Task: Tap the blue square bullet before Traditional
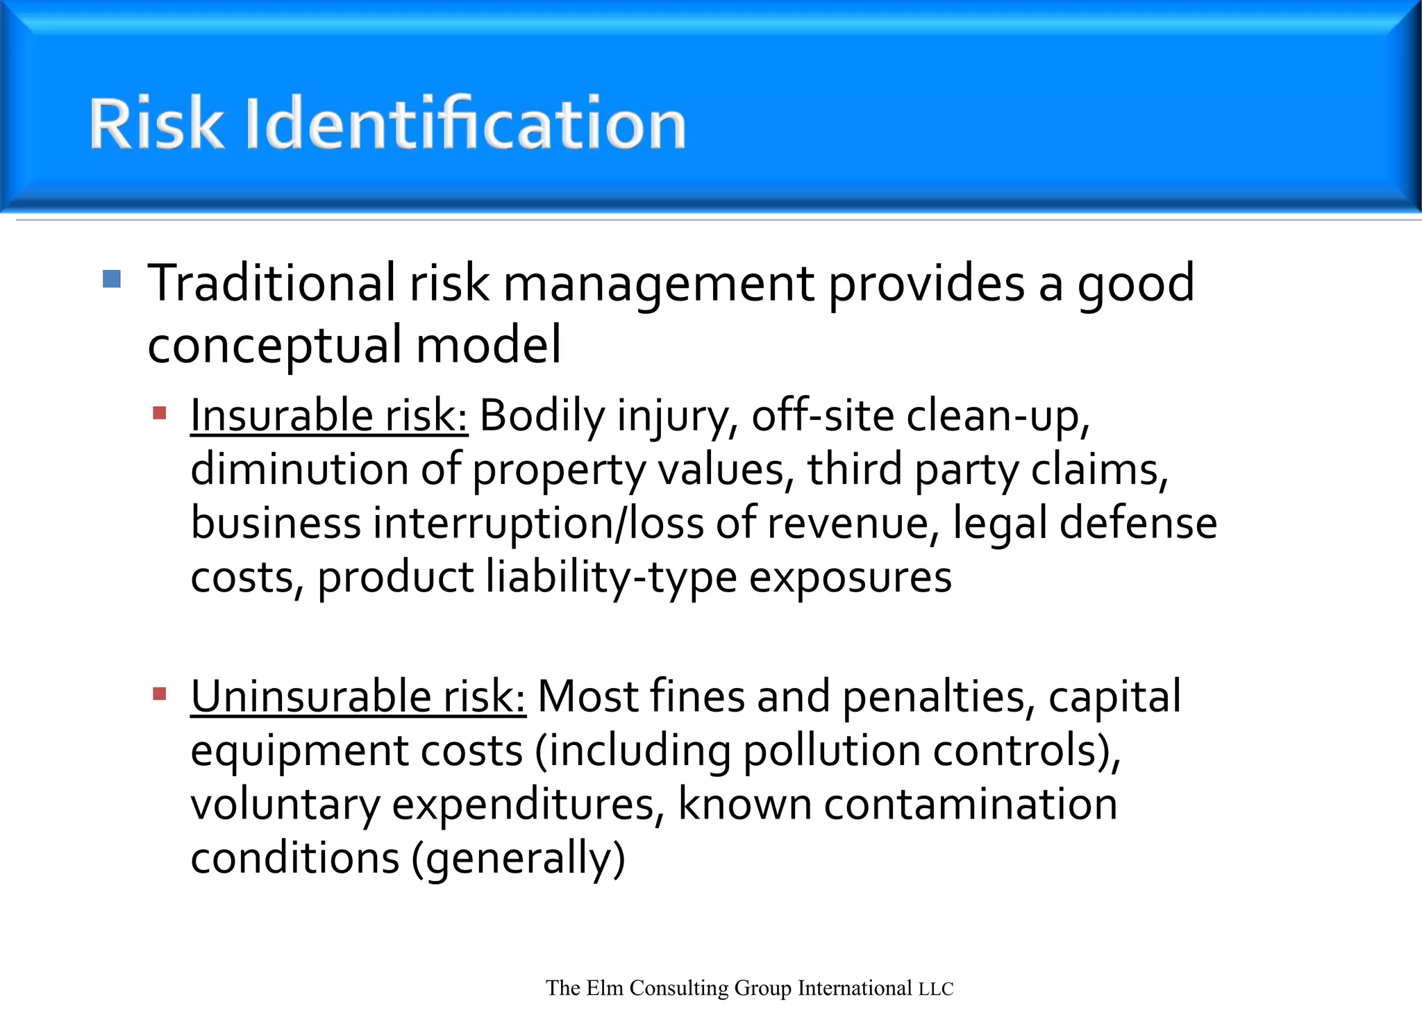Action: tap(112, 279)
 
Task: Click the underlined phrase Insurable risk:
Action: tap(329, 416)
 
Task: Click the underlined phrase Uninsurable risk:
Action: tap(358, 696)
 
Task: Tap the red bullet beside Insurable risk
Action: tap(160, 414)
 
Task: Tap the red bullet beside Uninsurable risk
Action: tap(160, 694)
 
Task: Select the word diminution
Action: tap(299, 469)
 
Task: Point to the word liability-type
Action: tap(611, 578)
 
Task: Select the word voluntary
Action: tap(285, 805)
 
